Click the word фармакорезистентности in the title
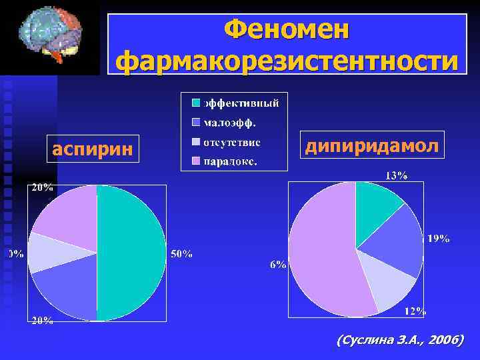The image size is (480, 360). [x=287, y=61]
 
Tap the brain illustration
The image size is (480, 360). [x=51, y=36]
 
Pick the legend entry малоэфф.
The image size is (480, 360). [x=229, y=123]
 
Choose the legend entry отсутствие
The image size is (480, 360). [x=231, y=142]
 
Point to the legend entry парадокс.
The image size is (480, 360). [x=231, y=161]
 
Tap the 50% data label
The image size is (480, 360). [x=182, y=253]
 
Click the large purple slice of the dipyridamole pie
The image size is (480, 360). [x=320, y=260]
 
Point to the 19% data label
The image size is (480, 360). [x=438, y=239]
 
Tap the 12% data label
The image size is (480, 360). [x=415, y=311]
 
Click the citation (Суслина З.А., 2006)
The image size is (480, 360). [x=400, y=341]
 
